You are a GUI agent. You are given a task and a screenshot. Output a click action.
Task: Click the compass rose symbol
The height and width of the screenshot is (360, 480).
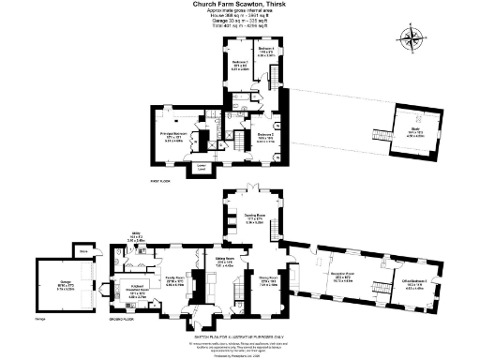point(412,39)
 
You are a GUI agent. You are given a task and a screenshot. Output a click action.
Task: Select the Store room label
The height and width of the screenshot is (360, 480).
point(82,251)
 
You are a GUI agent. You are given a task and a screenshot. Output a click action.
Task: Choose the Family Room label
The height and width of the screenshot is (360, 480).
point(174,279)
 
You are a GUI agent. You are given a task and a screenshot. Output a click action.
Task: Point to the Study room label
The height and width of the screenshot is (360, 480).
point(412,134)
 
